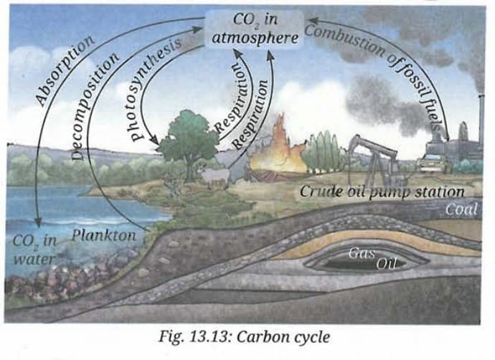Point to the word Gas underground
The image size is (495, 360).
358,252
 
